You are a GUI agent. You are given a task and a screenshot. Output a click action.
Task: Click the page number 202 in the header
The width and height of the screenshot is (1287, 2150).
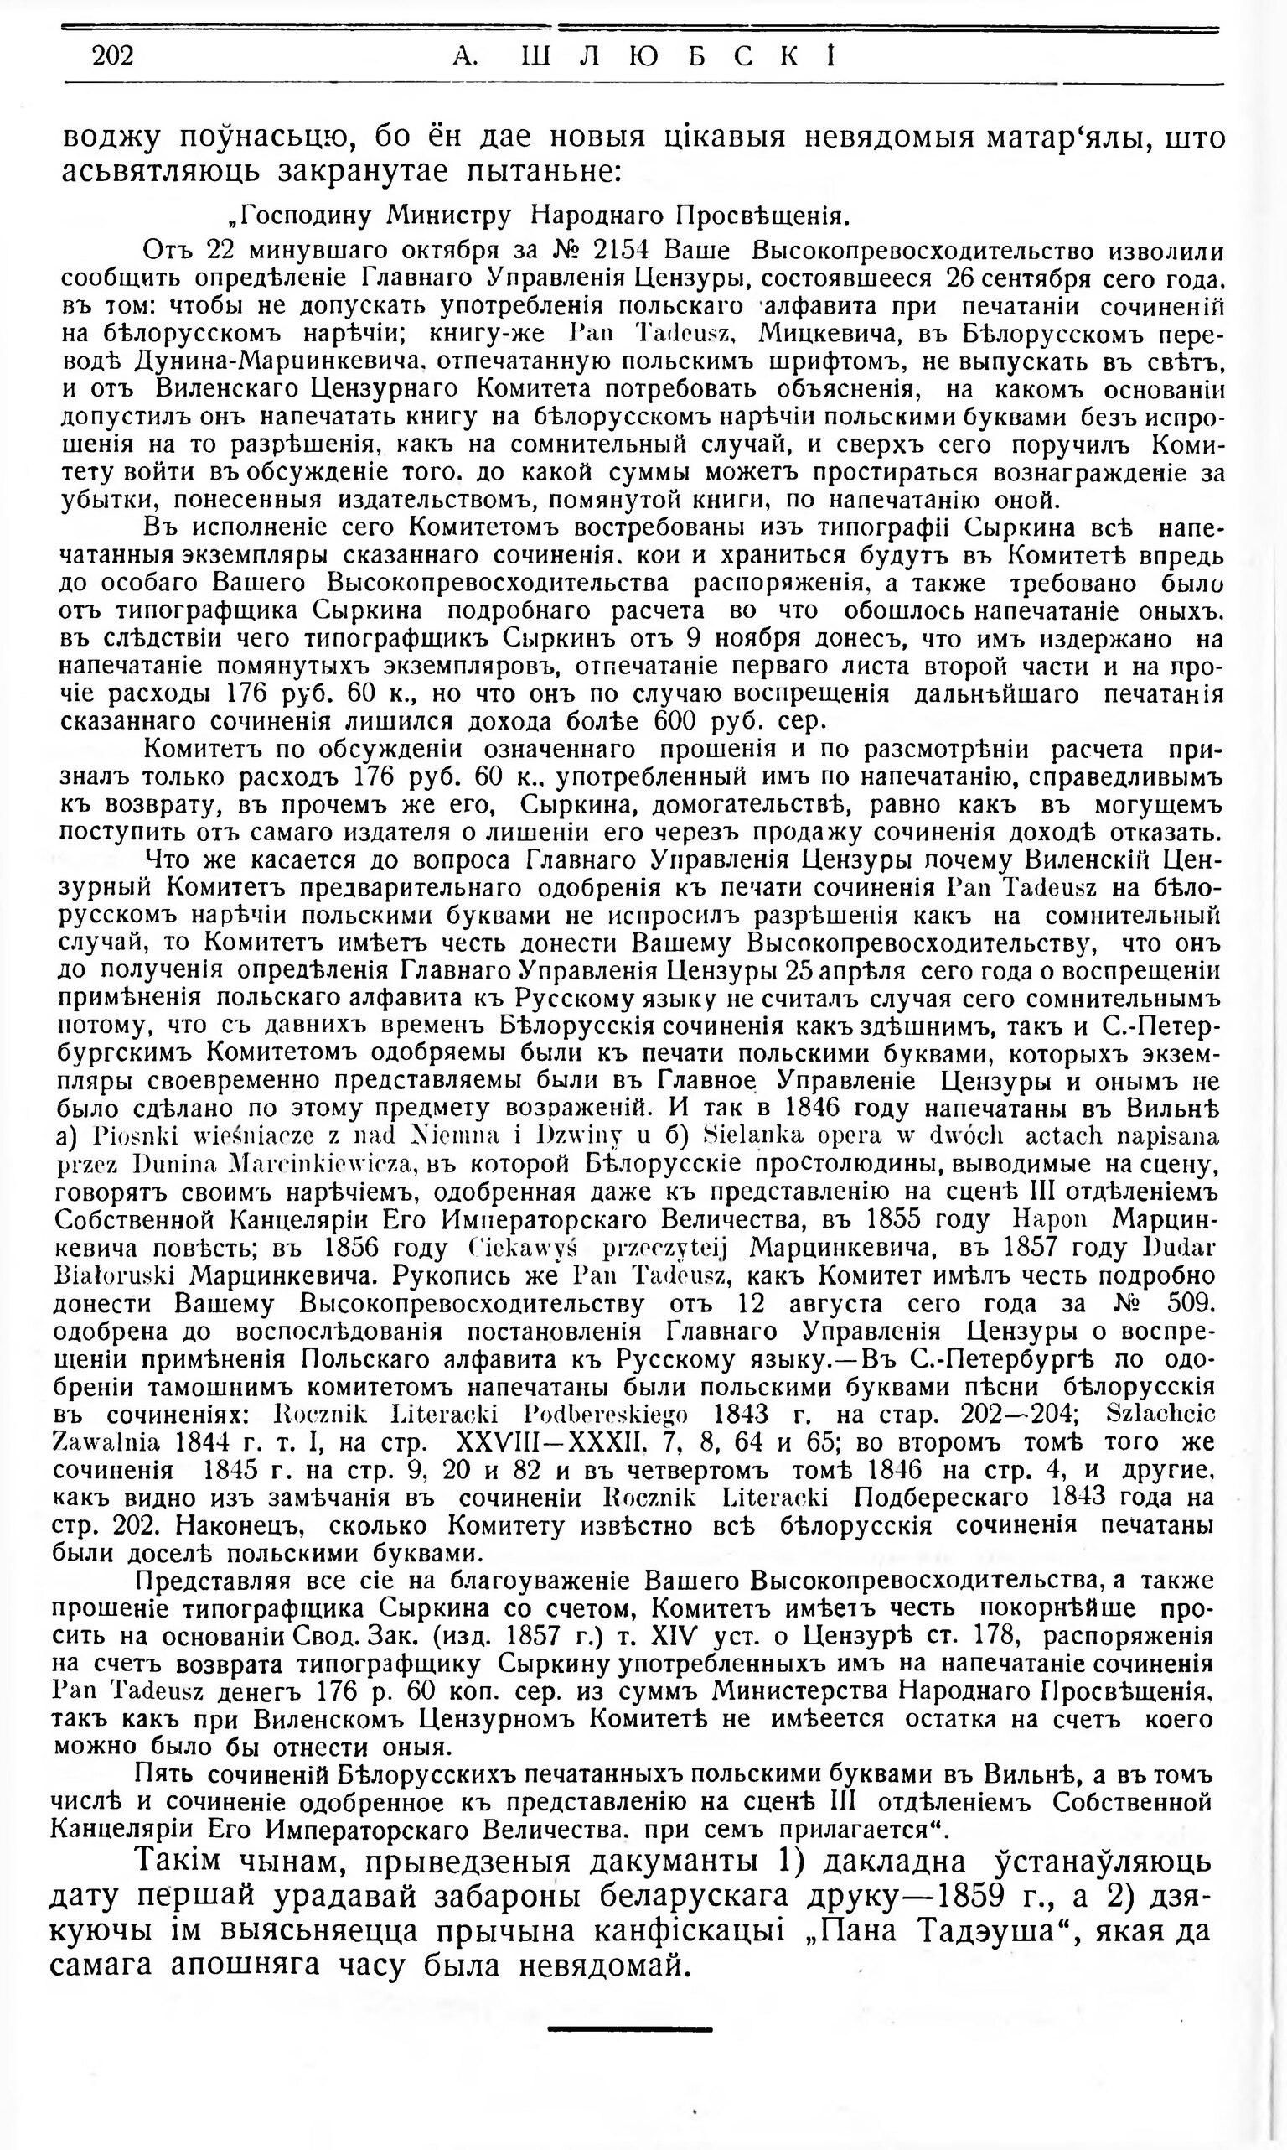(113, 56)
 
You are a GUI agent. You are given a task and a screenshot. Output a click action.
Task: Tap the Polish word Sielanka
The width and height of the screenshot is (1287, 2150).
(746, 1135)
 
